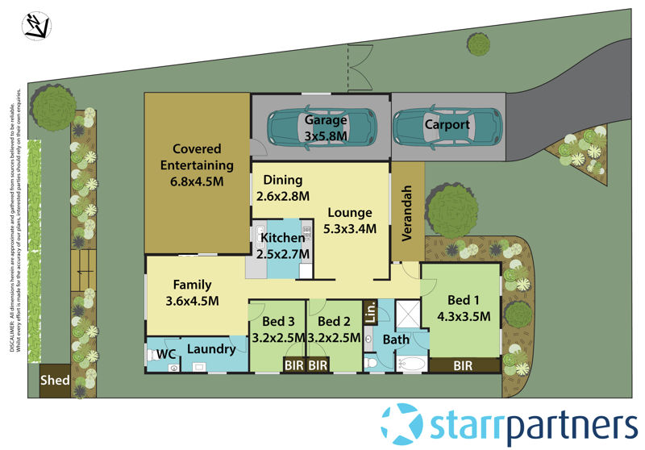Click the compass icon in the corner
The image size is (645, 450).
tap(36, 25)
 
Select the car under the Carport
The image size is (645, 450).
tap(446, 126)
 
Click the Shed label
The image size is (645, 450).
tap(56, 380)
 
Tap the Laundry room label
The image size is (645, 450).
tap(211, 349)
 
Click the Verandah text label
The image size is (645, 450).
tap(408, 212)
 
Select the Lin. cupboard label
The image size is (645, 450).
tap(371, 311)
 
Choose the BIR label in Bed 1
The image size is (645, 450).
tap(463, 365)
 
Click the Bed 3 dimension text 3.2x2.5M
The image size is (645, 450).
tap(278, 338)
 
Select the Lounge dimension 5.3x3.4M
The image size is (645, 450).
tap(348, 228)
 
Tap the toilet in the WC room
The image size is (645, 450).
tap(154, 354)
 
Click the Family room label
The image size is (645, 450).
tap(192, 285)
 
